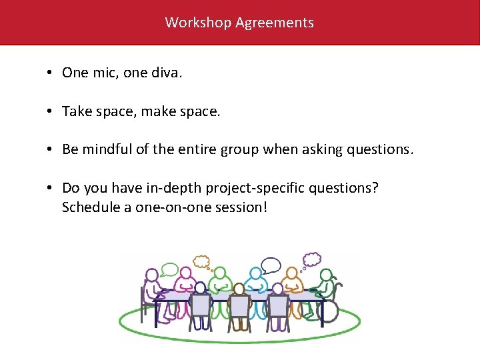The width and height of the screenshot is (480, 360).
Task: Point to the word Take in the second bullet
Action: coord(77,111)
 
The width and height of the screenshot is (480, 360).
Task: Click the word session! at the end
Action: coord(243,207)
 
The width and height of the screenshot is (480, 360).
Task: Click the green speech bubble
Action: coord(170,270)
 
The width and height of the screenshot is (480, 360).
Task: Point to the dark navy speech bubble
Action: coord(271,265)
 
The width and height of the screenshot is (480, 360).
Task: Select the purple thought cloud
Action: coord(312,259)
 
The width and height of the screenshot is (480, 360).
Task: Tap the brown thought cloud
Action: coord(202,262)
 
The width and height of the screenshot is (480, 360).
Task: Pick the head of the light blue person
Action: coord(255,274)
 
